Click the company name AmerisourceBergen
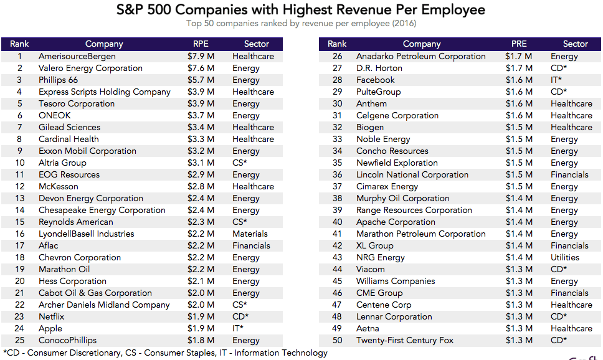point(77,57)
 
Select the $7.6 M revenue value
point(201,69)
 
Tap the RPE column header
point(201,44)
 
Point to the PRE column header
point(519,44)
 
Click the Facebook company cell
point(376,80)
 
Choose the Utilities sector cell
point(565,258)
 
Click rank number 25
point(20,341)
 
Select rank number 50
point(338,341)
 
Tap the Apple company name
point(50,329)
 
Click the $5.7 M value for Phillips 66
point(201,80)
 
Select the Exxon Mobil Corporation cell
point(87,151)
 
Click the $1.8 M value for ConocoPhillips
point(201,341)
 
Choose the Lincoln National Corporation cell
point(412,175)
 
